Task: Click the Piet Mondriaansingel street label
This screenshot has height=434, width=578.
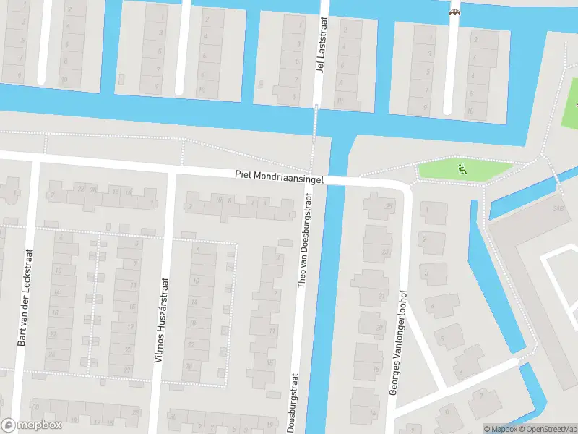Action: point(278,175)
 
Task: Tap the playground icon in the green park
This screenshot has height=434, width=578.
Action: point(462,170)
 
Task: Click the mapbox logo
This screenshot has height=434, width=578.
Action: point(30,426)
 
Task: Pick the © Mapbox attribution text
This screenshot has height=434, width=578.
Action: point(501,429)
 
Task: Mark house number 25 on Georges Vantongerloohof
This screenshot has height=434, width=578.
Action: point(389,207)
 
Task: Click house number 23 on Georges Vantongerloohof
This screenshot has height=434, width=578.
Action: point(384,252)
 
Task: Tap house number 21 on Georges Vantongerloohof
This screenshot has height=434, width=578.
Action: point(381,296)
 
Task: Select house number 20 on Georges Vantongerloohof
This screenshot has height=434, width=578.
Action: point(379,328)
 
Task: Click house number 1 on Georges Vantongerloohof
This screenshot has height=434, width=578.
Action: point(426,210)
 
